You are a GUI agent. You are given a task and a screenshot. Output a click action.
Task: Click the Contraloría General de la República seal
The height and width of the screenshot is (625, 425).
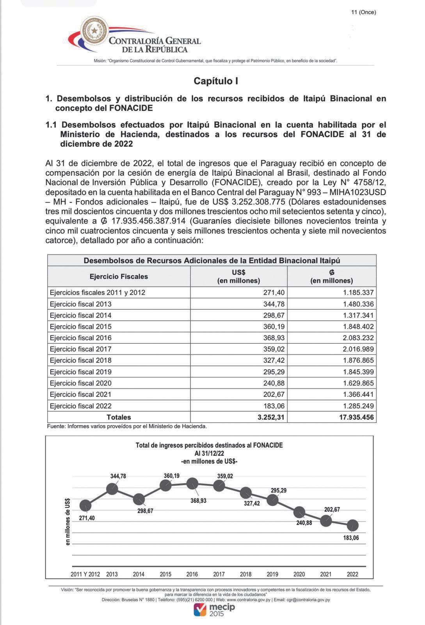point(94,31)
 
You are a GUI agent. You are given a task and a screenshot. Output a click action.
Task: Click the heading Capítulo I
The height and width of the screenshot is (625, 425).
point(216,81)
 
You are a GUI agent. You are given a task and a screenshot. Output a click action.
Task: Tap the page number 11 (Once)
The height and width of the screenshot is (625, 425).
point(363,12)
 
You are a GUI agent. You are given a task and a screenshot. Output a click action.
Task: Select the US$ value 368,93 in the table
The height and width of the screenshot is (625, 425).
point(274,338)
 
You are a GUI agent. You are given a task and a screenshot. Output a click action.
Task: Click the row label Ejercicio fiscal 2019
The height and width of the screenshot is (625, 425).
point(81,372)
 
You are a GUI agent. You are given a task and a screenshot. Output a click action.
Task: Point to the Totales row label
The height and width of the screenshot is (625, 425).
point(119,417)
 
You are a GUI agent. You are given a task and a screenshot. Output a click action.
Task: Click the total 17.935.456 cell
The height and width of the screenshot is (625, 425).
point(356,417)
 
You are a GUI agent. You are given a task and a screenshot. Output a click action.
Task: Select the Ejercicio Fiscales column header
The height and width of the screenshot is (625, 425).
point(119,277)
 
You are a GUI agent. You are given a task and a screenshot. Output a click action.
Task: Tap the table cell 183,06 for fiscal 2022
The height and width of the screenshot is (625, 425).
point(274,406)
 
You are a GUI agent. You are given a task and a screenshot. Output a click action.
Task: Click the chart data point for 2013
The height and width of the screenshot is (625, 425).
point(112,489)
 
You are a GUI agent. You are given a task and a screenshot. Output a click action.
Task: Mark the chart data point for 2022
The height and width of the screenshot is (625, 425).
point(353,525)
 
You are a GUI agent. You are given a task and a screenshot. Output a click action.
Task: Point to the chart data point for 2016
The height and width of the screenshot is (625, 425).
point(192,484)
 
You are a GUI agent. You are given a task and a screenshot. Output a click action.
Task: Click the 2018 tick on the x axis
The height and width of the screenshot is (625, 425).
point(245,574)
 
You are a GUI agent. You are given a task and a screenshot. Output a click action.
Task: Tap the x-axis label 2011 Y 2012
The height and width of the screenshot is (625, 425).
point(85,574)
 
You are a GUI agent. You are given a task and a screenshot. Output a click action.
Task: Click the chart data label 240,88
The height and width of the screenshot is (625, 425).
point(304,523)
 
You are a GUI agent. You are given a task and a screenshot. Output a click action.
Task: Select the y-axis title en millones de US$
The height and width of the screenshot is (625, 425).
point(68,521)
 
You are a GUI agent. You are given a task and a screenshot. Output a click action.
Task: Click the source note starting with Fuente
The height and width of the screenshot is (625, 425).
point(127,427)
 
